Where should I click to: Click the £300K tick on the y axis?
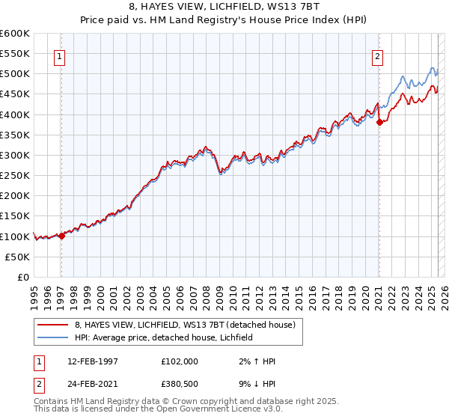tap(15, 155)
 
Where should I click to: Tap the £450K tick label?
tap(15, 94)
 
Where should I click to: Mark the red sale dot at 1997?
tap(61, 235)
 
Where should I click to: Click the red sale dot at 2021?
tap(379, 123)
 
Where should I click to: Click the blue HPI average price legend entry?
tap(164, 337)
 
